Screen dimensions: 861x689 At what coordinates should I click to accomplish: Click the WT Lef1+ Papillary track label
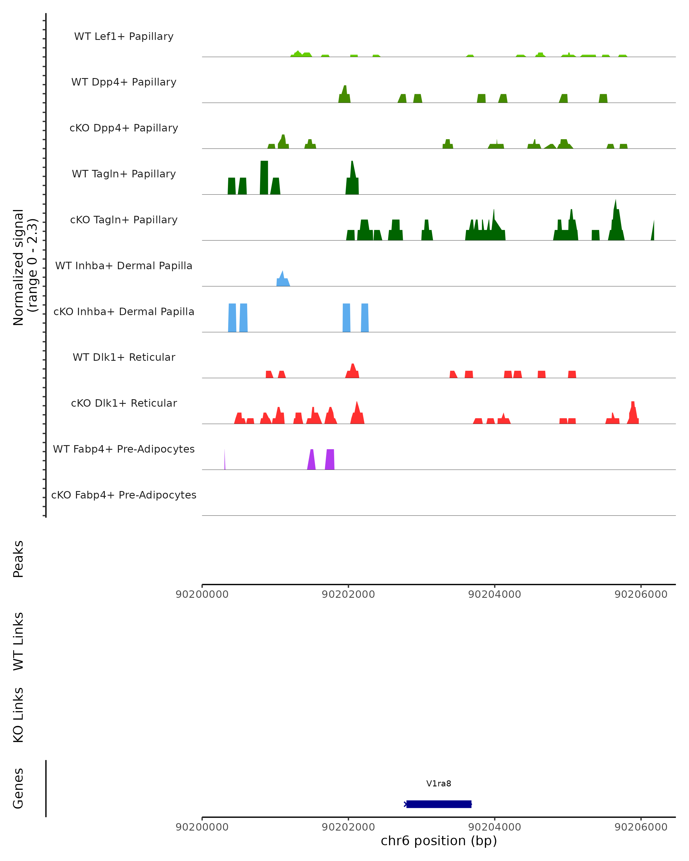click(124, 36)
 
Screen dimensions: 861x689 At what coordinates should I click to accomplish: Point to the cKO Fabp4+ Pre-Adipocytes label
click(124, 495)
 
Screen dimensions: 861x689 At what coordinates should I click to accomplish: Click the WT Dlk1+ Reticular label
click(124, 357)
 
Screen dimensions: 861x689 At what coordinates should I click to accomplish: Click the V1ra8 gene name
click(439, 783)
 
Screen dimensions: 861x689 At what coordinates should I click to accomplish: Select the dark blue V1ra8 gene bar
click(439, 804)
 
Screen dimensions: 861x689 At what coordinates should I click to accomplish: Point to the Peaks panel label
click(18, 559)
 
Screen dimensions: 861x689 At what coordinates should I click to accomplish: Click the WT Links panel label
click(18, 641)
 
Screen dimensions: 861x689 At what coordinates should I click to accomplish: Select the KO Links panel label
click(18, 715)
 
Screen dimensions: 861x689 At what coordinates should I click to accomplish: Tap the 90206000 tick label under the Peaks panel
click(641, 594)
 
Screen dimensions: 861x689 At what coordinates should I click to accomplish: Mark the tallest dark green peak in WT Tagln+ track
click(264, 178)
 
